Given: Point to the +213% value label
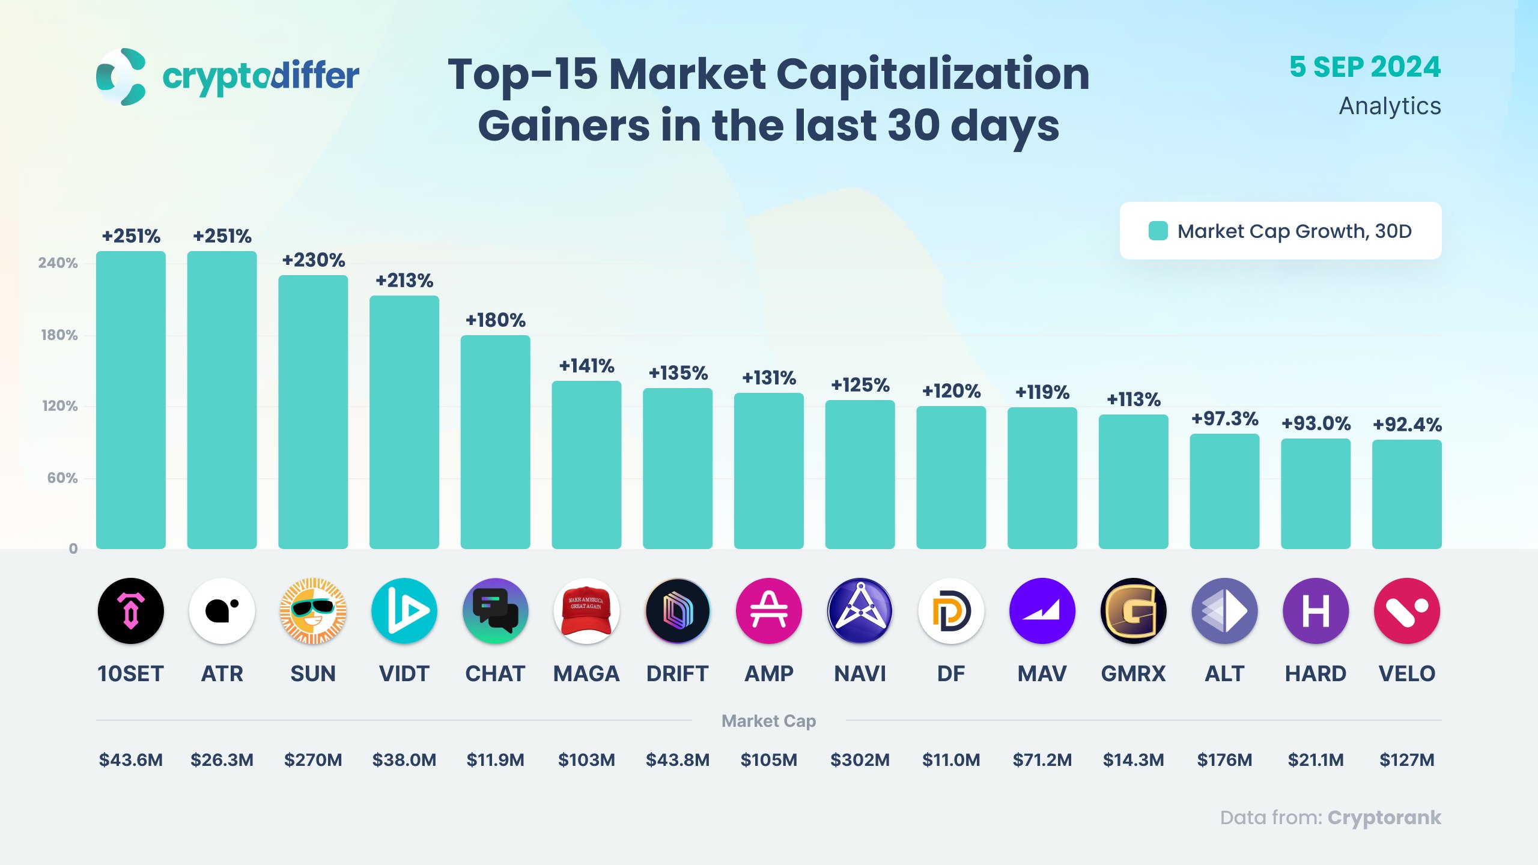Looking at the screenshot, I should pos(404,281).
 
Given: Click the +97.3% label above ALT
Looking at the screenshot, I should pos(1224,419).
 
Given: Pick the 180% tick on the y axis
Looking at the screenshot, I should pos(59,335).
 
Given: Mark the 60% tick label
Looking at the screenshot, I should pos(62,478).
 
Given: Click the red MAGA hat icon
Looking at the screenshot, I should pos(586,611).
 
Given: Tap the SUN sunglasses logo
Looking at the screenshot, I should pos(313,611).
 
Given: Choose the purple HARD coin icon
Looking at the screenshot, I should pos(1316,611).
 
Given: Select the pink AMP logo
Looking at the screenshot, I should pos(769,611).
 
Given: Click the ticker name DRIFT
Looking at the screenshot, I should pos(678,674).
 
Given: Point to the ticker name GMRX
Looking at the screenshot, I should pos(1133,674).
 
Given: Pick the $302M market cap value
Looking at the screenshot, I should pos(860,760).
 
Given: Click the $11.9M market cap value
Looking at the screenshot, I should pos(495,760).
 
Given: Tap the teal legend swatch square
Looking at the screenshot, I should pos(1158,231).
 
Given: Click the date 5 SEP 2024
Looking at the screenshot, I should pos(1365,67).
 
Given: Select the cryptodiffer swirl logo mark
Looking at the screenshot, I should pos(121,77).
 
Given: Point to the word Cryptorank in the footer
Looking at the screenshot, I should pos(1384,818).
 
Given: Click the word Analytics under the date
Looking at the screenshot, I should pos(1390,106).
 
